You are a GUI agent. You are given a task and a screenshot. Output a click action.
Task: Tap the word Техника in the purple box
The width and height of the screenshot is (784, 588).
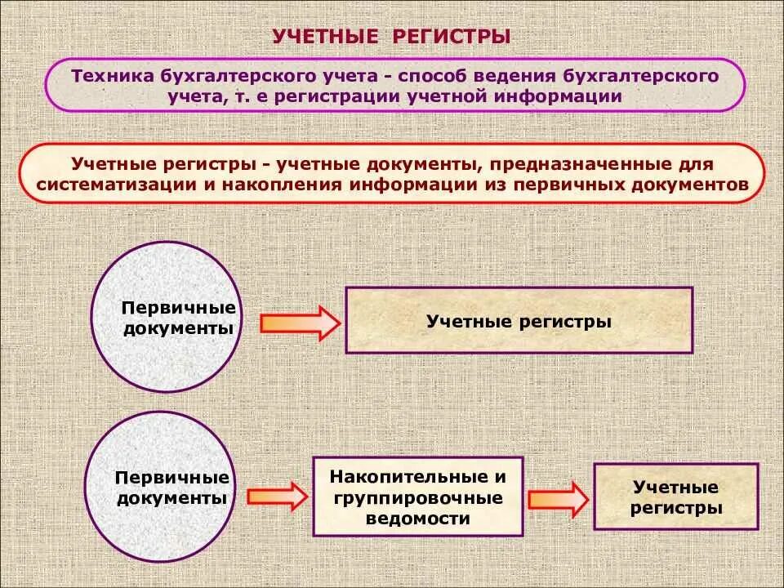click(x=108, y=76)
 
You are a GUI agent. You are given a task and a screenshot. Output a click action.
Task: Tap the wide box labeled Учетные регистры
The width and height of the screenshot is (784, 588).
click(x=519, y=320)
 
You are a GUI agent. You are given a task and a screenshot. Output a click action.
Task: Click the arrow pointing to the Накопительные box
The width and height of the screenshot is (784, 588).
click(x=277, y=495)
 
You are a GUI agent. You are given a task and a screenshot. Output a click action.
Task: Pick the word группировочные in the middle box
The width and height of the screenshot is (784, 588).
click(x=417, y=497)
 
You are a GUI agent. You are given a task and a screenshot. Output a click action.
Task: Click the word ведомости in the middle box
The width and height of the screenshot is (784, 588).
click(x=417, y=518)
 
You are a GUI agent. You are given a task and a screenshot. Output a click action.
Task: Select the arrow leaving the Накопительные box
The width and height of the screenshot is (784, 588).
click(x=558, y=498)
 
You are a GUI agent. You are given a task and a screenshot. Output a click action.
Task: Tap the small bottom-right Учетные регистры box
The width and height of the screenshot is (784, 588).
click(x=675, y=497)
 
